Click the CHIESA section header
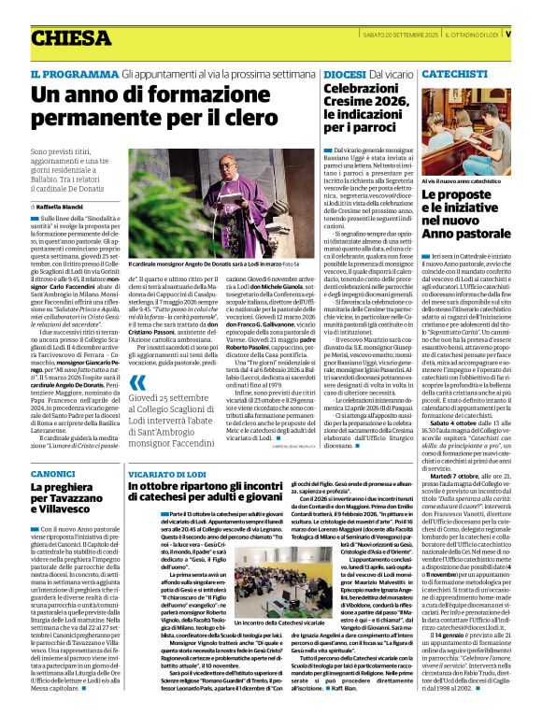point(70,38)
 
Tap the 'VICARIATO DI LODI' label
point(165,474)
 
